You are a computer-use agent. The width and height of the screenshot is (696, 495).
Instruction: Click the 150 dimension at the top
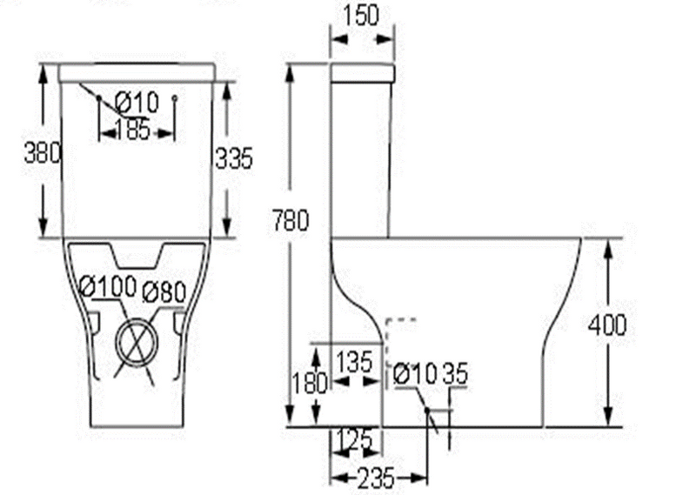(361, 16)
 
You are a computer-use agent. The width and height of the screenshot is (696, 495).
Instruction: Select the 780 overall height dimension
(291, 221)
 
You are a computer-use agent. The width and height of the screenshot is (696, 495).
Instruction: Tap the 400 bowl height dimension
(607, 325)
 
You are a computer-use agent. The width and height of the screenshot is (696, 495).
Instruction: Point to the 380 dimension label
(42, 153)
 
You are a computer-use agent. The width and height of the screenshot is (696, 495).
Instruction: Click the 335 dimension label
(234, 157)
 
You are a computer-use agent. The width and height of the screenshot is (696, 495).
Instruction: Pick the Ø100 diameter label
(107, 287)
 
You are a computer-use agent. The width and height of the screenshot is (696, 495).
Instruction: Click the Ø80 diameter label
(164, 292)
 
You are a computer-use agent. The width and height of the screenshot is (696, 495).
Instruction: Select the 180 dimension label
(310, 383)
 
